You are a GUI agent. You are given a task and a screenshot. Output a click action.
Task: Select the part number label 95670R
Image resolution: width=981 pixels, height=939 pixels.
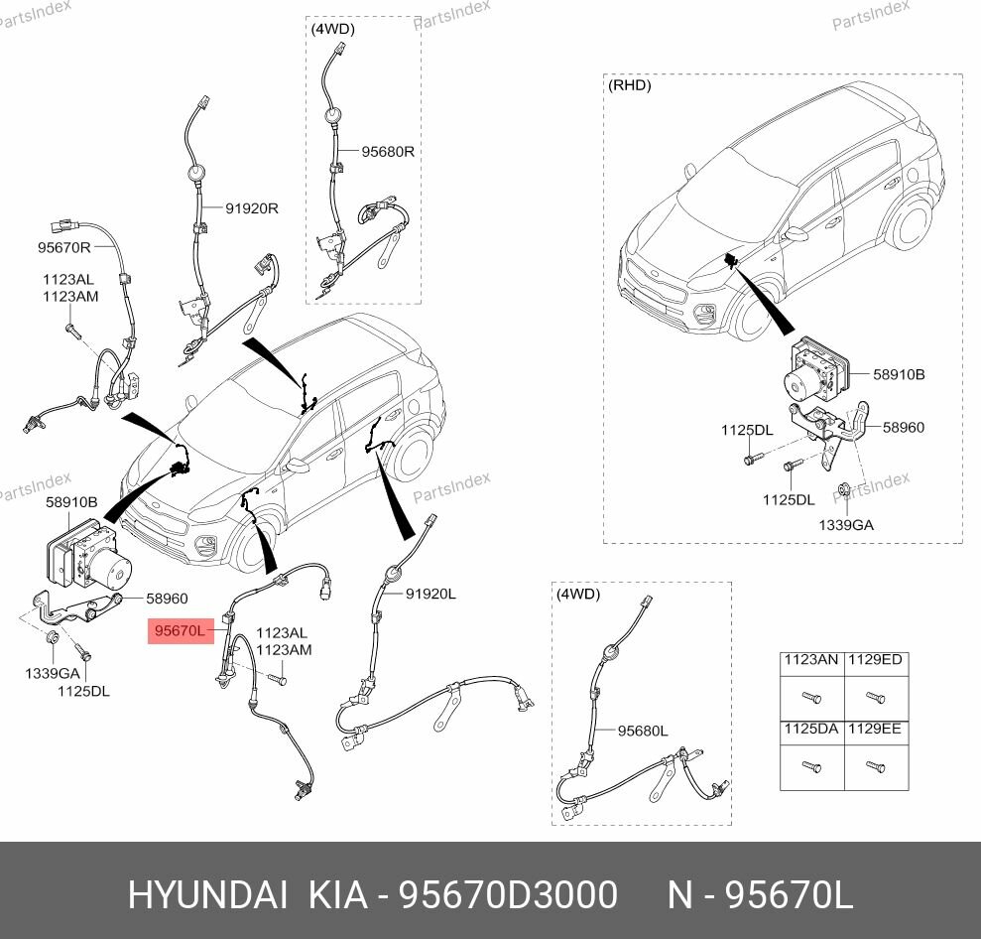pos(64,247)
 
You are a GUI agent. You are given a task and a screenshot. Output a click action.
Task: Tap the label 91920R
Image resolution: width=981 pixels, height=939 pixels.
pos(251,208)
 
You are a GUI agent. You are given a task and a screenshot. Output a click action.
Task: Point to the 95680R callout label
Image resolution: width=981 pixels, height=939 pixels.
pos(387,152)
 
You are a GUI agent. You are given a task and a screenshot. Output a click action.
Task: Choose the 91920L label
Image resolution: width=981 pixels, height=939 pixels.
pos(429,594)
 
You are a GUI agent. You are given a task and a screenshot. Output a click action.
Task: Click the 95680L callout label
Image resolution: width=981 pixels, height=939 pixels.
pos(643,731)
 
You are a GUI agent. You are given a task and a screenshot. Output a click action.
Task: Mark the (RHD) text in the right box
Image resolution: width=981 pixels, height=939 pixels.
pos(629,85)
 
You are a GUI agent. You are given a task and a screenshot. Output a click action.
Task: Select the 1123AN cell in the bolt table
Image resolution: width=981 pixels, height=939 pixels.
pos(810,660)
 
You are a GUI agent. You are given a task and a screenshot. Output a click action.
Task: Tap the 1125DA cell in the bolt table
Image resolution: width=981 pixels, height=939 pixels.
pos(810,729)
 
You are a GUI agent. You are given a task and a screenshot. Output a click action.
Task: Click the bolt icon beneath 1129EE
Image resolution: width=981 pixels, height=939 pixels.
pos(873,766)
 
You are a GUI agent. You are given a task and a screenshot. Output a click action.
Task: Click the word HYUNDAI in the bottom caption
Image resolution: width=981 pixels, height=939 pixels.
pos(207,895)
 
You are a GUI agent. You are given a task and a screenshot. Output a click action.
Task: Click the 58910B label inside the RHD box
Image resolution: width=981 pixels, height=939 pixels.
pos(899,375)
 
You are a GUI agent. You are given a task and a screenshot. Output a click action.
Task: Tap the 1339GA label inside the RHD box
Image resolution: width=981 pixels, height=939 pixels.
pos(845,524)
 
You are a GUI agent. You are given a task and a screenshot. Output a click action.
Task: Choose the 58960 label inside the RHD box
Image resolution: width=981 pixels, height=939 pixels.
pos(903,427)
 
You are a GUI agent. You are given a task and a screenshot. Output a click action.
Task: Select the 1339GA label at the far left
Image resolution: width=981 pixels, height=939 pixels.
pos(46,674)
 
